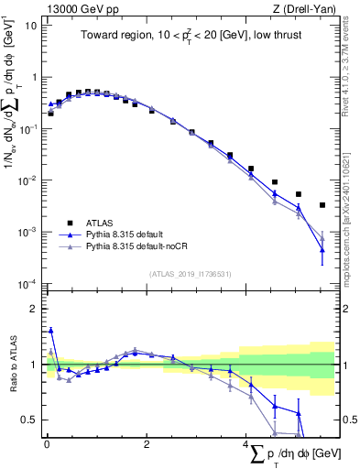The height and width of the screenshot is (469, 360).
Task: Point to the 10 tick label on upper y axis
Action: pos(31,26)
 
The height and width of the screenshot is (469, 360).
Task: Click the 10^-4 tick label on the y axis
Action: pos(27,284)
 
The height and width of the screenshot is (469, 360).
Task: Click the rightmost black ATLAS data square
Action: pos(322,205)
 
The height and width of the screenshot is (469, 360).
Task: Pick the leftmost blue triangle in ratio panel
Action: pos(50,331)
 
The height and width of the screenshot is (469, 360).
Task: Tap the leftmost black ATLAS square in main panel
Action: pos(50,114)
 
